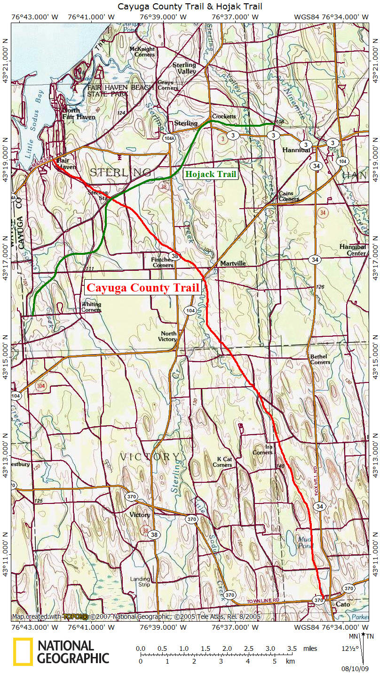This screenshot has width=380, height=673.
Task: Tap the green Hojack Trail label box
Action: [211, 174]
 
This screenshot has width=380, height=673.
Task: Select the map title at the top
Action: [190, 6]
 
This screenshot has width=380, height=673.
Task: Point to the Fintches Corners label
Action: [162, 262]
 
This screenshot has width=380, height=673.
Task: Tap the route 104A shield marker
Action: [169, 138]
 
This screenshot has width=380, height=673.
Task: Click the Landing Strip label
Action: [141, 582]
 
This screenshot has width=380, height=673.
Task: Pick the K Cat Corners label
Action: [222, 462]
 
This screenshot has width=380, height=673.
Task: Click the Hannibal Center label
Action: [353, 250]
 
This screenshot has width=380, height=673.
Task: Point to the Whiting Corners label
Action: [91, 307]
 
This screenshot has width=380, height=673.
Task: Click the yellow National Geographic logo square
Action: [23, 652]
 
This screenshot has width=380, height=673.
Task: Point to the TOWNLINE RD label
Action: [263, 601]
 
